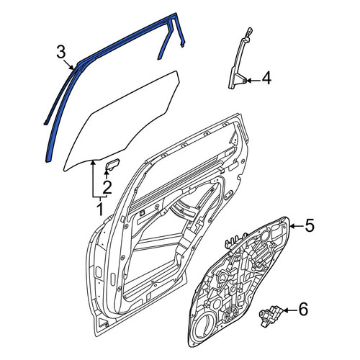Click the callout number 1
pyautogui.click(x=100, y=209)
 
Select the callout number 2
pyautogui.click(x=107, y=187)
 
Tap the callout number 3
pyautogui.click(x=61, y=53)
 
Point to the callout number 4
pyautogui.click(x=266, y=78)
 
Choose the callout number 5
pyautogui.click(x=310, y=226)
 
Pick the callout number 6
pyautogui.click(x=303, y=309)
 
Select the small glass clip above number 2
pyautogui.click(x=112, y=164)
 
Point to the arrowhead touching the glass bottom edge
pyautogui.click(x=93, y=163)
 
